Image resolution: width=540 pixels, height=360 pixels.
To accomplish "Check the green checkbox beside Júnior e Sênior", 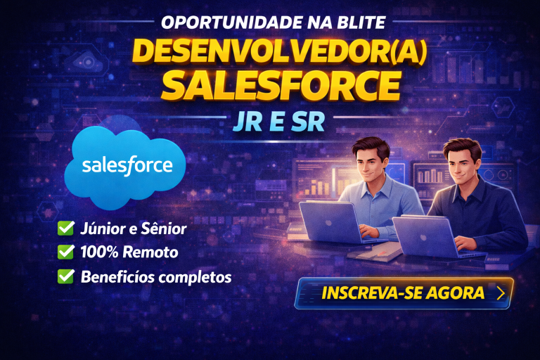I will click(66, 229).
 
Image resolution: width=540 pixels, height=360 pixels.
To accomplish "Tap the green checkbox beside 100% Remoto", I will click(66, 252).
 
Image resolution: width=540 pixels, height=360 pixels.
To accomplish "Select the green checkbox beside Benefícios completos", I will click(66, 276).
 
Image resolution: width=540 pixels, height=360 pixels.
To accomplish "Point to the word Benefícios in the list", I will click(115, 276).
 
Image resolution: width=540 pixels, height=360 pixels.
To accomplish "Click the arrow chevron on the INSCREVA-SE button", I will click(501, 293).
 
